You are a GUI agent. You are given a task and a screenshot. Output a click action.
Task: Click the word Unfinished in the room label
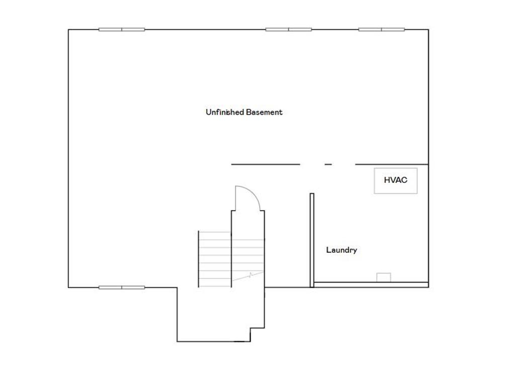click(x=225, y=112)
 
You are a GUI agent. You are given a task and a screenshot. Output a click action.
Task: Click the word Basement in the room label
click(x=264, y=112)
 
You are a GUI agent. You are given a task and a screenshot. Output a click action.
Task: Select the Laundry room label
click(x=341, y=250)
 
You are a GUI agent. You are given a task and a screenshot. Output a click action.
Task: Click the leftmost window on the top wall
click(x=122, y=29)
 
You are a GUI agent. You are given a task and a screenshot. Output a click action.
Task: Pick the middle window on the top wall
click(x=289, y=29)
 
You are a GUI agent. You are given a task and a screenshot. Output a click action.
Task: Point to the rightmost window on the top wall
click(x=381, y=29)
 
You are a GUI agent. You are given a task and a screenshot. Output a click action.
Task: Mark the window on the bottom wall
click(x=122, y=287)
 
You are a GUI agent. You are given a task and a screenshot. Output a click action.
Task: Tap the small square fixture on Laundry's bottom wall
click(x=384, y=277)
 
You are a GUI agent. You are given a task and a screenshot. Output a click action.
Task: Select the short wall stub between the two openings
click(x=328, y=164)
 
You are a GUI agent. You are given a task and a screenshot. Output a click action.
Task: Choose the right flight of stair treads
click(x=247, y=251)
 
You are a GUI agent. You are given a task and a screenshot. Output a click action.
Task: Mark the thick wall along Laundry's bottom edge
click(x=371, y=285)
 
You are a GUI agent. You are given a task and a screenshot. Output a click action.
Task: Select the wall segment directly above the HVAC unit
click(x=392, y=164)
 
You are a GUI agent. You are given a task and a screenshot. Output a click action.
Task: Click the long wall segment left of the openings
click(x=266, y=164)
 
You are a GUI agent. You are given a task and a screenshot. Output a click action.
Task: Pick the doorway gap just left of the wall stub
click(x=312, y=164)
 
